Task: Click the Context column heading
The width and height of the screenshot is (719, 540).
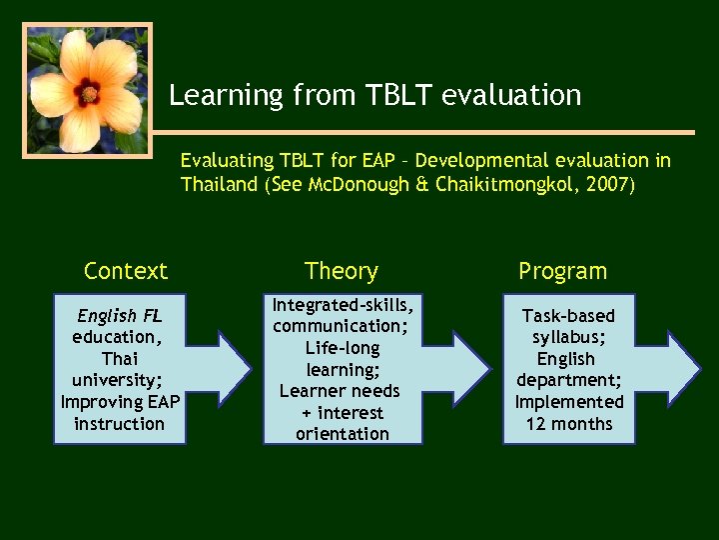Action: point(126,271)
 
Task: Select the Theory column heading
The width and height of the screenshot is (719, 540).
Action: point(342,271)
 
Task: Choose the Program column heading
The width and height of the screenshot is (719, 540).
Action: point(562,271)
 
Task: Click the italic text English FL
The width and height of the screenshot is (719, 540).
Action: point(119,316)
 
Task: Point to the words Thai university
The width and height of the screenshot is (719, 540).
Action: point(119,369)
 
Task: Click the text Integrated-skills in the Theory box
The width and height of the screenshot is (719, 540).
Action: point(343,304)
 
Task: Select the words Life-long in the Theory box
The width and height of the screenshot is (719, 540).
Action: point(343,347)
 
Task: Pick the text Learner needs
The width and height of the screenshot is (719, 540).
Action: point(340,391)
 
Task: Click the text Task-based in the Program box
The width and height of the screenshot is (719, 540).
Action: point(568,316)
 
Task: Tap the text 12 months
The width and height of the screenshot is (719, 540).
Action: point(568,423)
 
